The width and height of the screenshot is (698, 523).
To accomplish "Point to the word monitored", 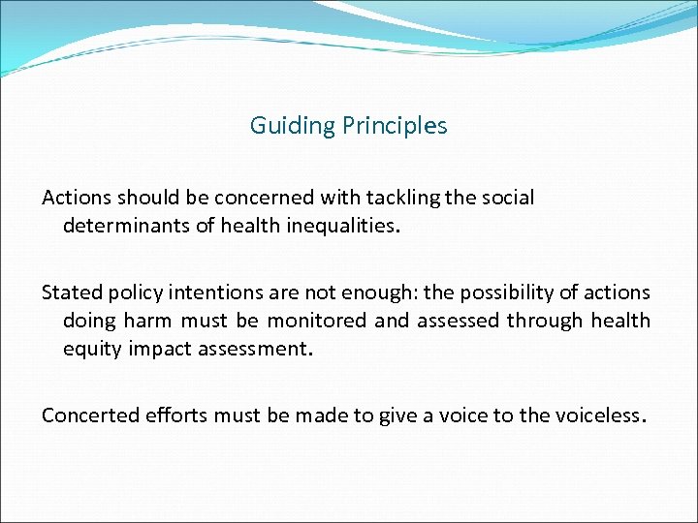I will [x=316, y=321].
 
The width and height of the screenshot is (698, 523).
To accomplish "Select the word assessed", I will [x=457, y=321].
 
